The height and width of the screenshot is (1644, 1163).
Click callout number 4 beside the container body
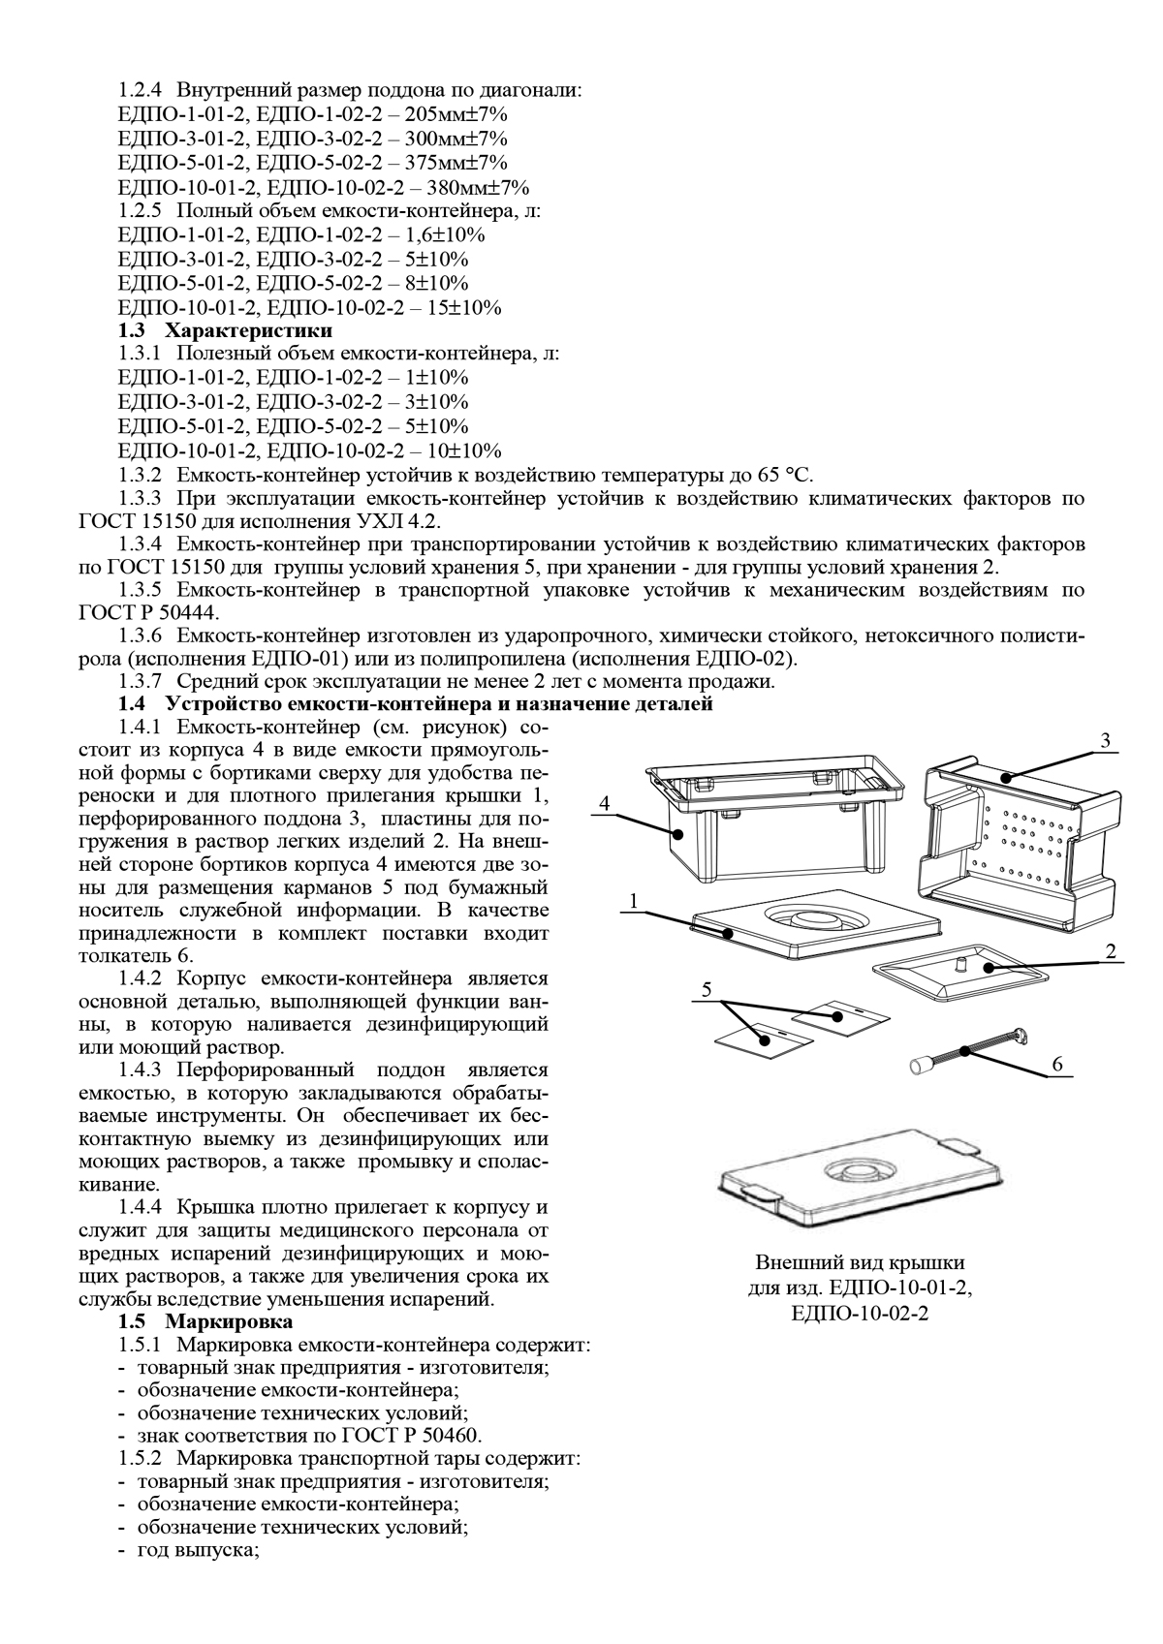click(x=604, y=803)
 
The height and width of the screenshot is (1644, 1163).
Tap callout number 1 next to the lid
click(x=633, y=901)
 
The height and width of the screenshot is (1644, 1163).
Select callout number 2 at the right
click(x=1112, y=951)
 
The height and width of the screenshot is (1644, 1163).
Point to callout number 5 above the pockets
click(x=707, y=990)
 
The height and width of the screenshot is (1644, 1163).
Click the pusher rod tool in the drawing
click(x=969, y=1050)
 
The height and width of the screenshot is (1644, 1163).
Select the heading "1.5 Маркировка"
click(x=205, y=1321)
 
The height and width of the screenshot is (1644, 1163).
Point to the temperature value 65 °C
click(x=783, y=475)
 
